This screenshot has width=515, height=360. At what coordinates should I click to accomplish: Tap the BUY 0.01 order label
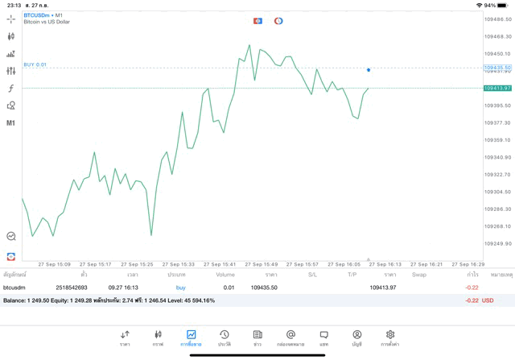click(35, 64)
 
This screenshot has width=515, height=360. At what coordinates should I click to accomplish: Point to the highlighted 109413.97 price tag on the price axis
click(497, 88)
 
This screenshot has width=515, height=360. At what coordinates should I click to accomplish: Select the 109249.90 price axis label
click(498, 244)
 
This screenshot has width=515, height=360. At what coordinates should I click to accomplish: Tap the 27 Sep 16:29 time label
click(468, 263)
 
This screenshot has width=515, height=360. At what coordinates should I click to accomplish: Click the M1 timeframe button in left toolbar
click(11, 123)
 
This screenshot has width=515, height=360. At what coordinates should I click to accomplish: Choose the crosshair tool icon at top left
click(11, 19)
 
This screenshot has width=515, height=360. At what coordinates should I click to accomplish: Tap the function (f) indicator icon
click(11, 88)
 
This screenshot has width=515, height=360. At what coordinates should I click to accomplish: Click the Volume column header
click(225, 275)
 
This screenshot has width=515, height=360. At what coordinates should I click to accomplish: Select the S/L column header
click(312, 275)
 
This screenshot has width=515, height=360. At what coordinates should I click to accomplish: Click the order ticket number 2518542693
click(72, 287)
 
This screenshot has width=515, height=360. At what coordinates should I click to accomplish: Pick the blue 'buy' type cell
click(180, 287)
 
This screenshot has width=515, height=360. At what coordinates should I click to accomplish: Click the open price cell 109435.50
click(264, 287)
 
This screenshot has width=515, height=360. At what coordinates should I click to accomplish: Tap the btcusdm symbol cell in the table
click(14, 287)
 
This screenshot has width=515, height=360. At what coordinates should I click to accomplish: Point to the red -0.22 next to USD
click(472, 300)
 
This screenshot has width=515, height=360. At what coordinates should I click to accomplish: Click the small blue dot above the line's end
click(369, 70)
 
